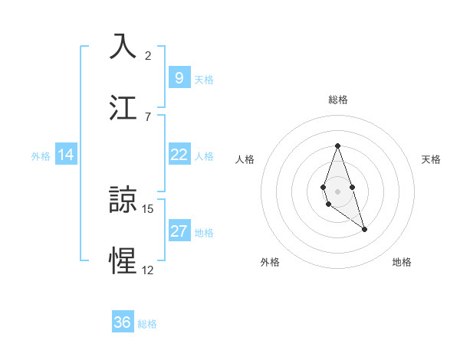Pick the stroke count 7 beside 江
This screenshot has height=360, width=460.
pos(148,116)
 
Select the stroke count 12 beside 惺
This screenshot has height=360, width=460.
pos(148,270)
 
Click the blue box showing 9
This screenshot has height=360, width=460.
pos(179,77)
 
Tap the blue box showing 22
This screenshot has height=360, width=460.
pos(179,155)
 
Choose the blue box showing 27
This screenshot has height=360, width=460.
pos(179,231)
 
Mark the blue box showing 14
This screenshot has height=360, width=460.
pos(66,155)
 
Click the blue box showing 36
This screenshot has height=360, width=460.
pos(122,322)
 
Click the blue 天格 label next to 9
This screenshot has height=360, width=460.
pos(203,79)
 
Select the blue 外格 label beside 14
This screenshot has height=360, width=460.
pos(41,155)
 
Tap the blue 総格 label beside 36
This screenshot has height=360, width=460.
pos(147,324)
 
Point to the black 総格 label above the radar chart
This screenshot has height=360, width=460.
pos(337,100)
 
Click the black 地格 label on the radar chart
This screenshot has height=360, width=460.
pos(402,262)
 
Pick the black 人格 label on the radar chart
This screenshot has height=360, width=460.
pos(245,159)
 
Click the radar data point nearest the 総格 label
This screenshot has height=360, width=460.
pos(337,146)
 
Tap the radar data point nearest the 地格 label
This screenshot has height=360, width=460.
pos(364,229)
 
